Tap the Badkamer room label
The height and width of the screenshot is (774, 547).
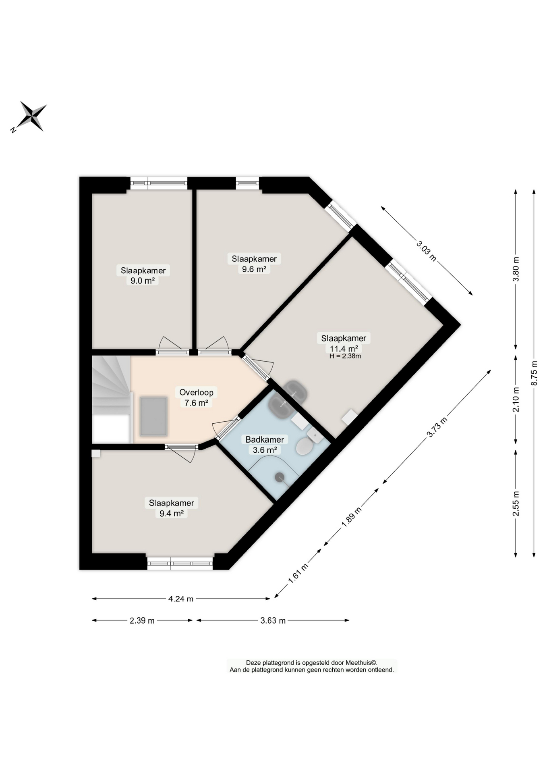(265, 439)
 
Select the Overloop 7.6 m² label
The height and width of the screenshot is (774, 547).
(196, 397)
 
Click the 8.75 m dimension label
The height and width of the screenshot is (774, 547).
(534, 372)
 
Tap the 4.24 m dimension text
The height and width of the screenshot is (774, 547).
(181, 599)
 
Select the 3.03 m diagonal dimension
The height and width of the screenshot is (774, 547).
(426, 250)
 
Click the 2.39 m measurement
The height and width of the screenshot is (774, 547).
(142, 620)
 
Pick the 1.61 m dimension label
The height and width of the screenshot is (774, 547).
(298, 574)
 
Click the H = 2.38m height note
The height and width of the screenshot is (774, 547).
(345, 356)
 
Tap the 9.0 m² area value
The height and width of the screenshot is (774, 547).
(143, 281)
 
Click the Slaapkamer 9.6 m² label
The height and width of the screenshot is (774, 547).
(254, 264)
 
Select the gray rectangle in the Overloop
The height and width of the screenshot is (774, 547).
(153, 416)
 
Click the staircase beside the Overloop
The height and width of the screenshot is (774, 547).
(111, 399)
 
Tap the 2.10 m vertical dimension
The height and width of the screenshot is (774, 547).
(516, 399)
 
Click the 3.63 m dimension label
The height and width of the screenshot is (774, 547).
(273, 620)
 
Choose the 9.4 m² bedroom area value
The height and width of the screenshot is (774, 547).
(172, 513)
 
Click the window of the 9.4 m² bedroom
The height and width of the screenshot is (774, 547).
(180, 563)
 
